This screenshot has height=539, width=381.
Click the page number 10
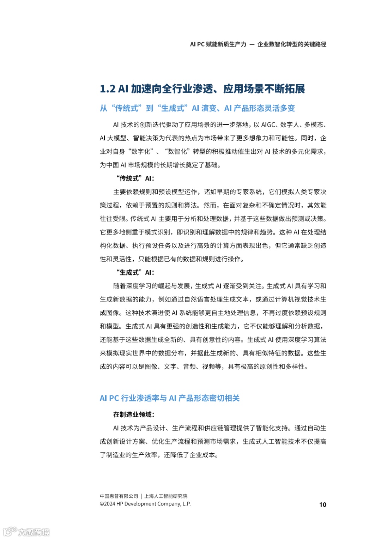(x=322, y=504)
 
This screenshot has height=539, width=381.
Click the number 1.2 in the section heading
(x=108, y=89)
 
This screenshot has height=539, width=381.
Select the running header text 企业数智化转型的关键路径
(x=292, y=44)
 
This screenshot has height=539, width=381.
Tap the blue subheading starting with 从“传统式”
(x=197, y=108)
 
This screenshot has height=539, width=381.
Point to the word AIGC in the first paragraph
(x=269, y=125)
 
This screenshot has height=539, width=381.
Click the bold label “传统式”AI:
(x=135, y=178)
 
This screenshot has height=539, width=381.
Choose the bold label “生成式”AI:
(x=135, y=272)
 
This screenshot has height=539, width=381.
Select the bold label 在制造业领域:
(x=134, y=414)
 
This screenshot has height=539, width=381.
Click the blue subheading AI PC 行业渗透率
(x=170, y=398)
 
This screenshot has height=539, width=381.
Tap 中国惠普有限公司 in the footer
(x=119, y=496)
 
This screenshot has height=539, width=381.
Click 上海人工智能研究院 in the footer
(x=166, y=496)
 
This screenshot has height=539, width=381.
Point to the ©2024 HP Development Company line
(x=145, y=504)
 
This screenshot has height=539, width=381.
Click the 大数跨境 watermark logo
(x=26, y=532)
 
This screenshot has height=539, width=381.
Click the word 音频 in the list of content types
(x=189, y=367)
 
